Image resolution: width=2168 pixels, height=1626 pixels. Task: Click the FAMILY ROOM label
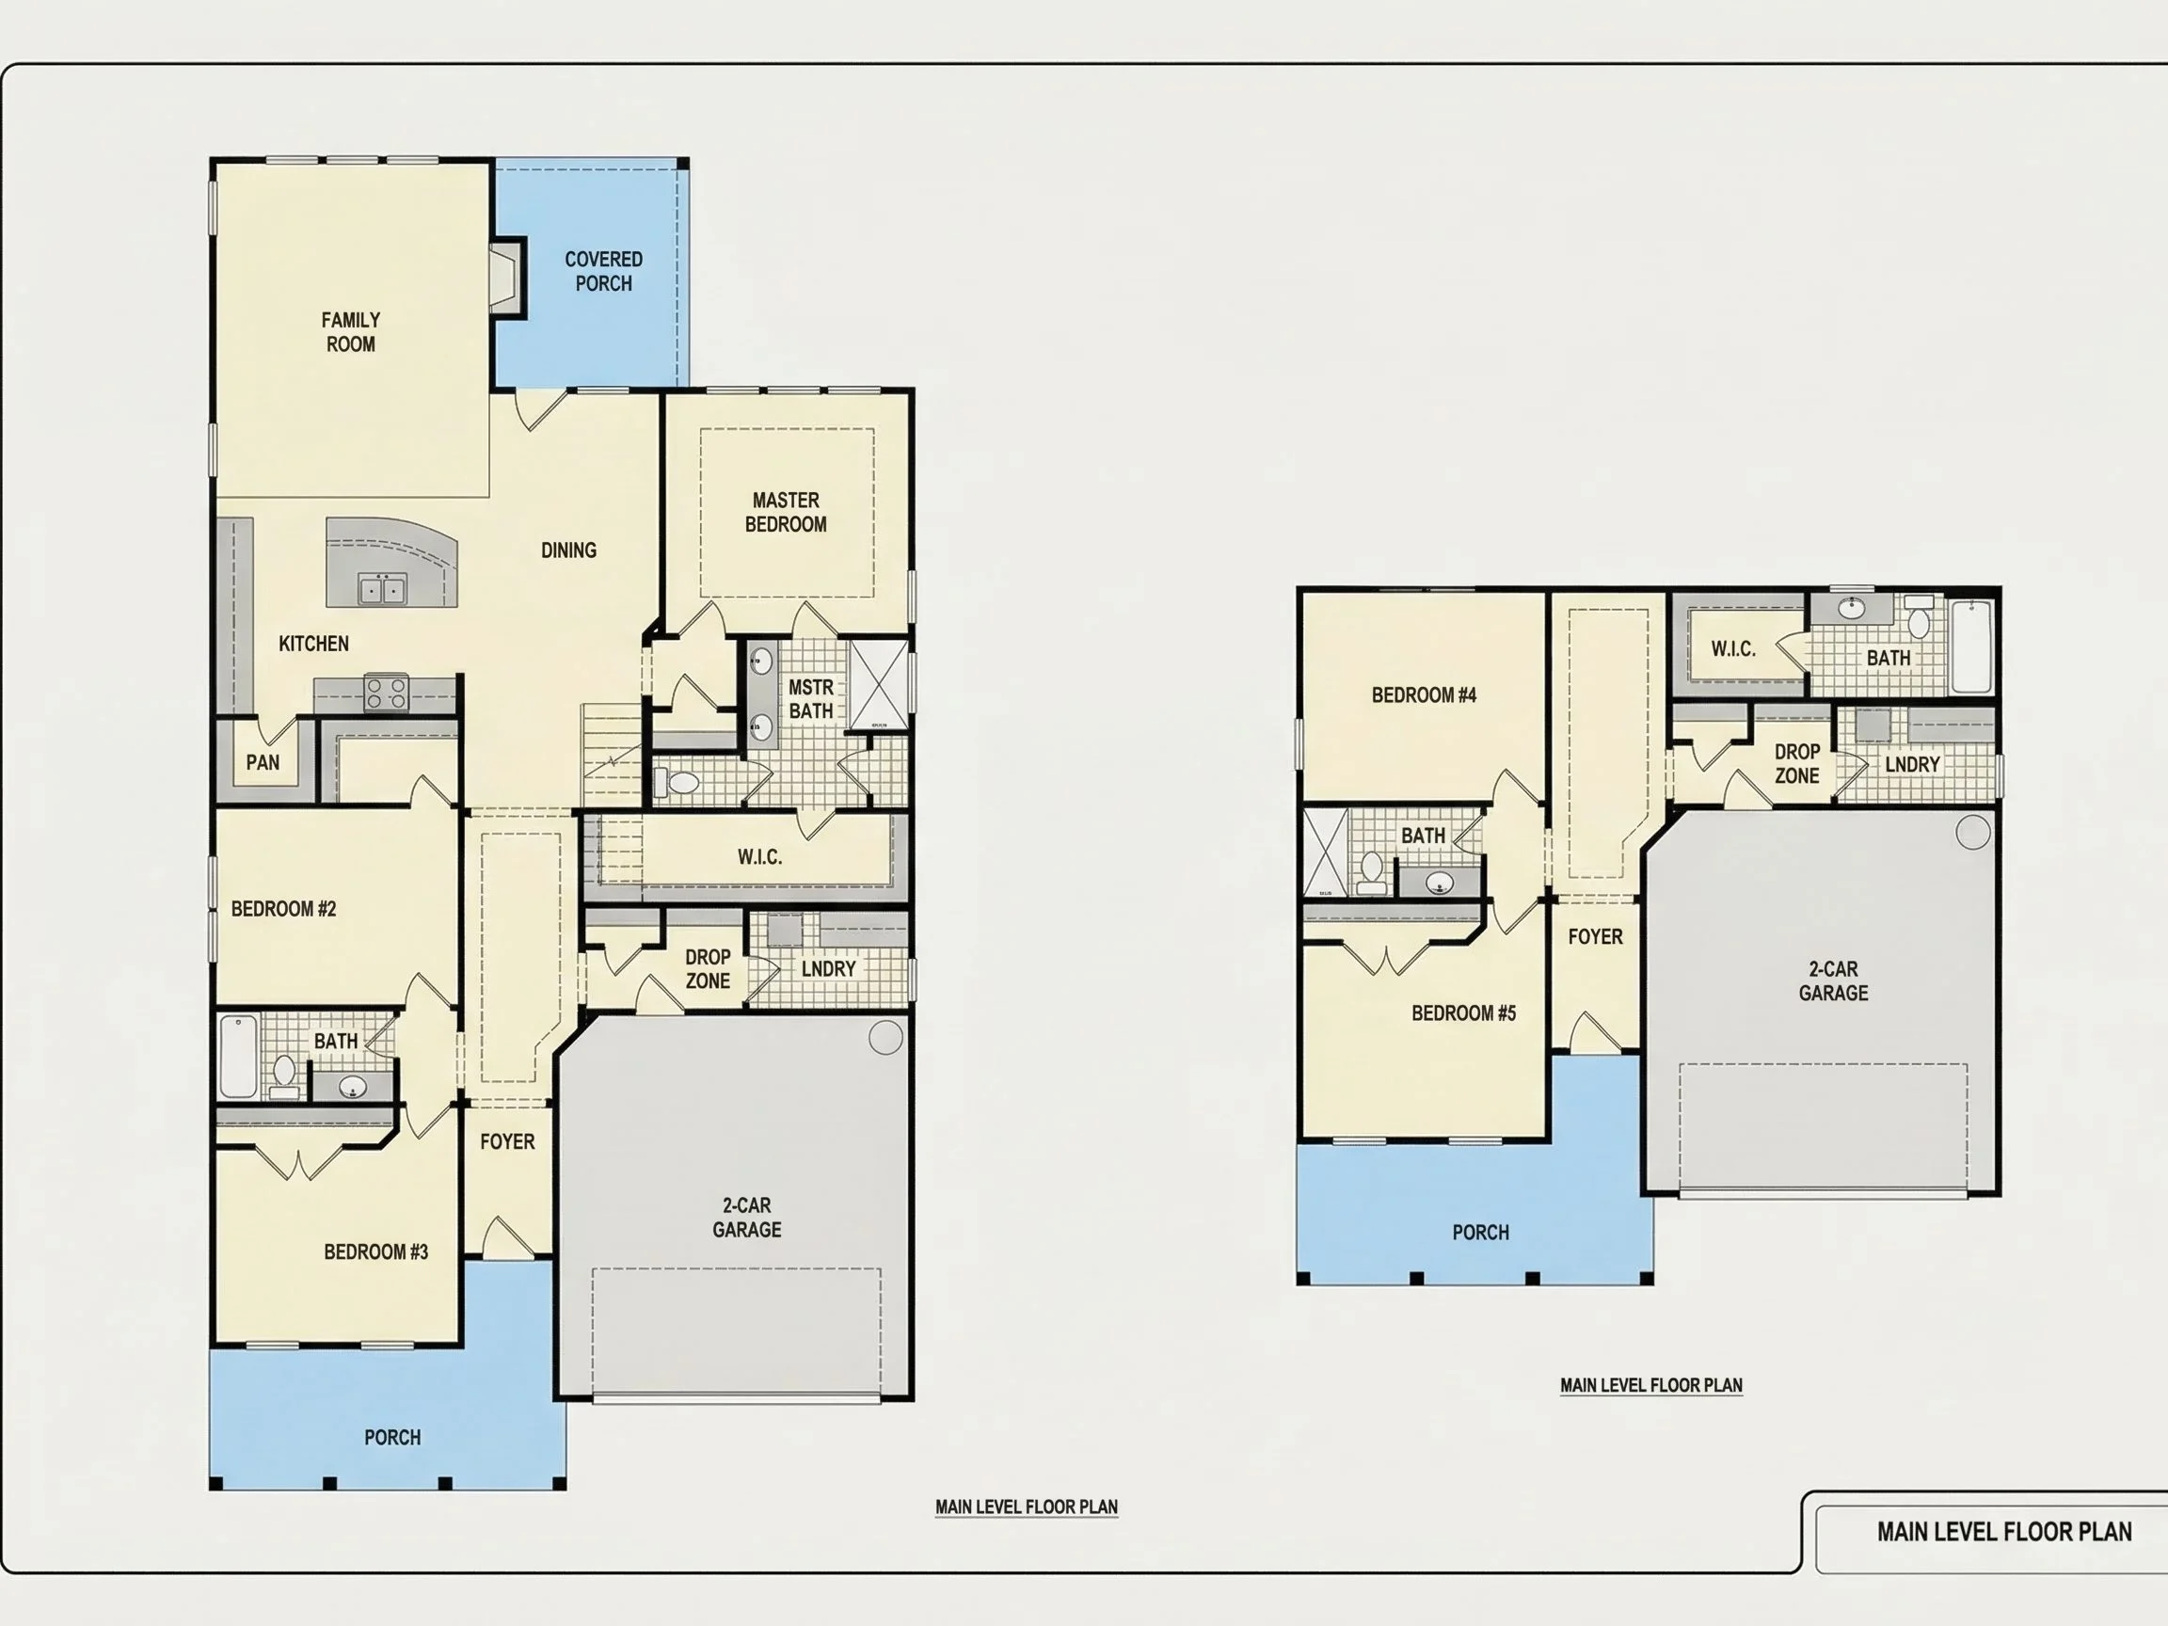(x=351, y=332)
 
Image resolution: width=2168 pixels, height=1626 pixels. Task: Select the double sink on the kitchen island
(x=382, y=590)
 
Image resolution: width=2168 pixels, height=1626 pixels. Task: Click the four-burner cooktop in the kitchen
(x=386, y=693)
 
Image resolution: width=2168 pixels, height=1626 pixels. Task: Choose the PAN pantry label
(x=263, y=762)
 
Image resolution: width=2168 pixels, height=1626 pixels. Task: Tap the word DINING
(x=568, y=550)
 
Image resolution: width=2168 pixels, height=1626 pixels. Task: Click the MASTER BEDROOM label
(x=786, y=513)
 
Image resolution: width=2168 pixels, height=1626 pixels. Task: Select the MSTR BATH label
(x=811, y=700)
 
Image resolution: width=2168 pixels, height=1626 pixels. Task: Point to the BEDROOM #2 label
(x=283, y=910)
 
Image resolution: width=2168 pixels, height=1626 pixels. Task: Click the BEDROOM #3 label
(x=376, y=1252)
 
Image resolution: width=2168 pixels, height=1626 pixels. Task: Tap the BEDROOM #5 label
(x=1464, y=1013)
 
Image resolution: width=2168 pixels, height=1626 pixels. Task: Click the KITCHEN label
(x=313, y=644)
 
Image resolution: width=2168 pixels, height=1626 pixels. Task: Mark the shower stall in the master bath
(x=879, y=684)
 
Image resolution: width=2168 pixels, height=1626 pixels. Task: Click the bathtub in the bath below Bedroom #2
(x=239, y=1058)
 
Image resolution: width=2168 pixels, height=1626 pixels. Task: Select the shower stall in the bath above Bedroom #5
(x=1326, y=852)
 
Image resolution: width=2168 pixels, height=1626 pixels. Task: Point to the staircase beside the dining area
(x=613, y=755)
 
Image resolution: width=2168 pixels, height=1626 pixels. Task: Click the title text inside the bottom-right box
(x=2004, y=1532)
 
